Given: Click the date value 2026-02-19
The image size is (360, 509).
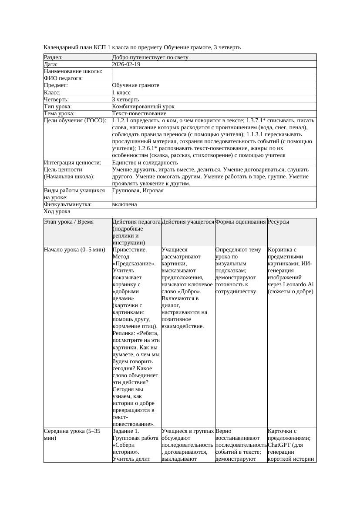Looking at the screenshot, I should pyautogui.click(x=126, y=64).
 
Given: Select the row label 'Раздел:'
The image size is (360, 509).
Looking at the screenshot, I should pyautogui.click(x=54, y=57).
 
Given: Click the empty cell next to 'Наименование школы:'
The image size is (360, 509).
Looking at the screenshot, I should pyautogui.click(x=214, y=71).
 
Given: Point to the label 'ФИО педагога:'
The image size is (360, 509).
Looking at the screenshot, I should pyautogui.click(x=64, y=78).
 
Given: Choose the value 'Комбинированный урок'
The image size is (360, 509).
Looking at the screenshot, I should pyautogui.click(x=143, y=106).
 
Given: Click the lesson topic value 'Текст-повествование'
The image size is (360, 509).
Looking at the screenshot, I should pyautogui.click(x=139, y=114).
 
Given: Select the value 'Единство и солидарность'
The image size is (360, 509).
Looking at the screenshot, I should pyautogui.click(x=145, y=163).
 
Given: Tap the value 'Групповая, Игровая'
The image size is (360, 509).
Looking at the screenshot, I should pyautogui.click(x=138, y=191).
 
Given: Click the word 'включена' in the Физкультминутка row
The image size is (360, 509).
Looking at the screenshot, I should pyautogui.click(x=124, y=204).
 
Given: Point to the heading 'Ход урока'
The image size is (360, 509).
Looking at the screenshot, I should pyautogui.click(x=57, y=211).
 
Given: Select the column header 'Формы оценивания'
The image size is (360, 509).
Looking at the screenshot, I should pyautogui.click(x=240, y=222).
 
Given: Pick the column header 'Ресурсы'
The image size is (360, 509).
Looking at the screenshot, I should pyautogui.click(x=279, y=222).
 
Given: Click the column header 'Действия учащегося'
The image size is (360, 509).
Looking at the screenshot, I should pyautogui.click(x=188, y=222).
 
